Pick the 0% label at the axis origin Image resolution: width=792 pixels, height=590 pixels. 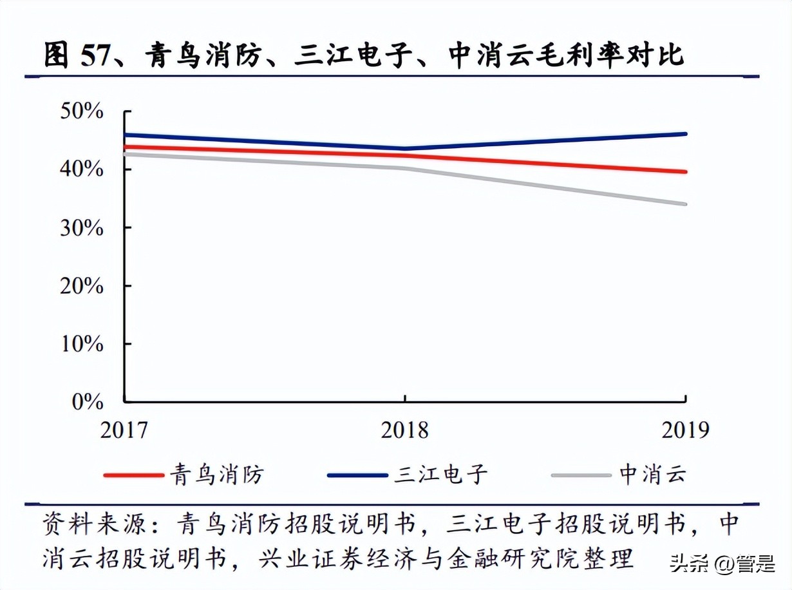[x=87, y=401]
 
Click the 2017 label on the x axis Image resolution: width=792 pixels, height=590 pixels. [x=124, y=429]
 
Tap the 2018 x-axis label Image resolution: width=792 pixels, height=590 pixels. [x=404, y=429]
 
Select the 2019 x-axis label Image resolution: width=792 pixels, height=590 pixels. [x=684, y=429]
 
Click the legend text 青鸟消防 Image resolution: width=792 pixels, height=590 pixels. [x=217, y=475]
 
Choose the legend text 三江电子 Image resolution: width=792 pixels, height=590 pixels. [x=441, y=475]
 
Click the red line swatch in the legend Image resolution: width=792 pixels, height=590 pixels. [x=133, y=475]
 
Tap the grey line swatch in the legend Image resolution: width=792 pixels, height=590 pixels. [x=581, y=475]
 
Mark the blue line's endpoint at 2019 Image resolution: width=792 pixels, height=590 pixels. [x=685, y=134]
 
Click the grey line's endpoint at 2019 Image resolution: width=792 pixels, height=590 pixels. [x=685, y=204]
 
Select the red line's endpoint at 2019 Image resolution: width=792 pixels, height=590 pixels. [x=685, y=172]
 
